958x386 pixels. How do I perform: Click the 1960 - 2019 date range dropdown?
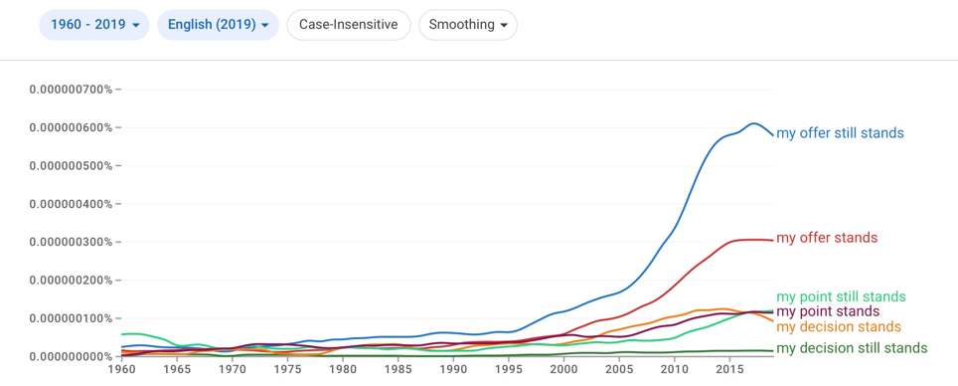pos(94,25)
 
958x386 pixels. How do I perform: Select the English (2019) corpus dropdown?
pos(218,25)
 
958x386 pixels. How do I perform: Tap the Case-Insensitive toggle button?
pos(348,25)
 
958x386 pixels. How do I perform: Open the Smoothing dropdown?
pos(468,25)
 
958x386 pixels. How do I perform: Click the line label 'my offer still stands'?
pos(840,133)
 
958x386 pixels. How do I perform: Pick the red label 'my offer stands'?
pos(827,238)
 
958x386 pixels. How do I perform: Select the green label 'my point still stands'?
pos(842,297)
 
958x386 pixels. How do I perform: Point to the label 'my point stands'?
pos(828,312)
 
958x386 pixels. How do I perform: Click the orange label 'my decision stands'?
pos(839,326)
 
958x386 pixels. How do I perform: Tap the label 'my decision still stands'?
pos(852,348)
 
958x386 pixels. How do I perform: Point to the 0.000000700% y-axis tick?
pos(71,90)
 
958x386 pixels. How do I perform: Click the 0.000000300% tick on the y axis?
pos(71,242)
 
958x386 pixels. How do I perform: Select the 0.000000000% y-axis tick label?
pos(71,356)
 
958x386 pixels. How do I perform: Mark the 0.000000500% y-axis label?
pos(71,166)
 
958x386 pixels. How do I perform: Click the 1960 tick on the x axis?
pos(122,369)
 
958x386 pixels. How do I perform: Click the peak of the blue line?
pos(752,123)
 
